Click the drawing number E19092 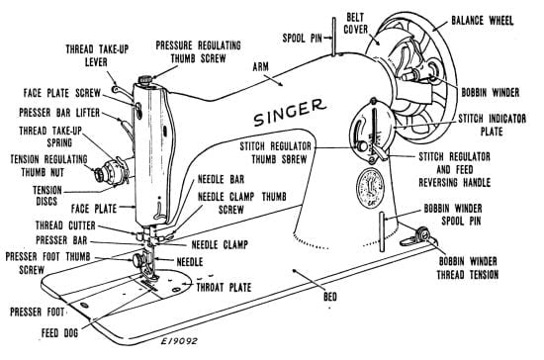pos(176,347)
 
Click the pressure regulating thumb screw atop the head pos(145,77)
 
